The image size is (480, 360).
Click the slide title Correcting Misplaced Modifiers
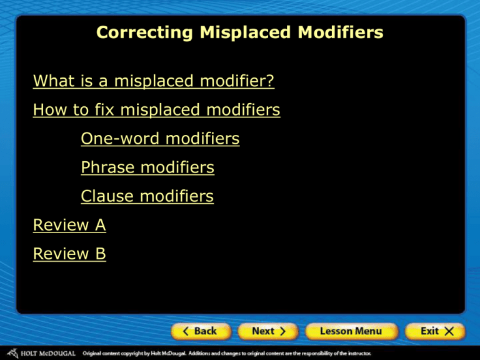click(240, 33)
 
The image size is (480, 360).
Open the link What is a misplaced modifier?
click(154, 81)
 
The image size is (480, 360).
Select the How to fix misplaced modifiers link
click(156, 111)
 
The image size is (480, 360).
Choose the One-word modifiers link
click(160, 139)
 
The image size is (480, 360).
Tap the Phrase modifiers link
click(147, 167)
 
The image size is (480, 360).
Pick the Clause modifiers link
click(147, 196)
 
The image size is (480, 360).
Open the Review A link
click(69, 225)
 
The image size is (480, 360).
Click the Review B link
click(69, 254)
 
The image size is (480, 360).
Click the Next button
click(269, 331)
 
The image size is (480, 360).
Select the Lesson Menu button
click(351, 331)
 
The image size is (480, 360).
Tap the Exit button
click(435, 331)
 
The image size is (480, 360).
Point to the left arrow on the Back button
click(186, 331)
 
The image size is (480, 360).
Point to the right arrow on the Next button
click(282, 331)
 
